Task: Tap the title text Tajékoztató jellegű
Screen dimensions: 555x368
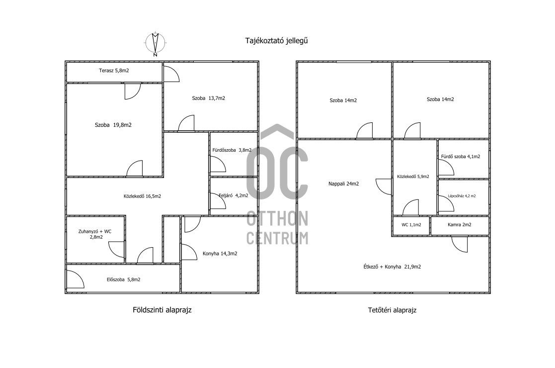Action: [276, 41]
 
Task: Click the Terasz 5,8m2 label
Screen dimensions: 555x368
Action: [114, 71]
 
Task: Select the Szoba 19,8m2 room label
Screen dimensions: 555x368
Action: [113, 125]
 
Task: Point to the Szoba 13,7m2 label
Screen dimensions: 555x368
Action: [209, 98]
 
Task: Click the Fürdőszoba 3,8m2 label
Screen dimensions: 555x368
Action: [232, 150]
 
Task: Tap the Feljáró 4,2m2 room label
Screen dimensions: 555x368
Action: [233, 195]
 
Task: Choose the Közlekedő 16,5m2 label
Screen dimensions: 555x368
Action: [142, 196]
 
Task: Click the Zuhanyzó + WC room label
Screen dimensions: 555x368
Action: [95, 234]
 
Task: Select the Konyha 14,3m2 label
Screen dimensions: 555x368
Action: [220, 253]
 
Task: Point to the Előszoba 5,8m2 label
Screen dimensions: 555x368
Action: [124, 279]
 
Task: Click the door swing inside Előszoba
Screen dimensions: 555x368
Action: [75, 279]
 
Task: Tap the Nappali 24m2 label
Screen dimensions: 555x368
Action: [343, 184]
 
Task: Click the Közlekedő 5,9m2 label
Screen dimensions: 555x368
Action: [413, 177]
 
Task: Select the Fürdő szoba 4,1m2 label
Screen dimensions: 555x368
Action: [461, 157]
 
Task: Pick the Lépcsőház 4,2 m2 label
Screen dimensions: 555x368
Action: [462, 196]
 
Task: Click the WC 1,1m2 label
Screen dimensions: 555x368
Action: [411, 225]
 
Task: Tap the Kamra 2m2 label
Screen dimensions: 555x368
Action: [460, 225]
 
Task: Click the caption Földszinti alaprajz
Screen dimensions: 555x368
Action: [162, 310]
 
